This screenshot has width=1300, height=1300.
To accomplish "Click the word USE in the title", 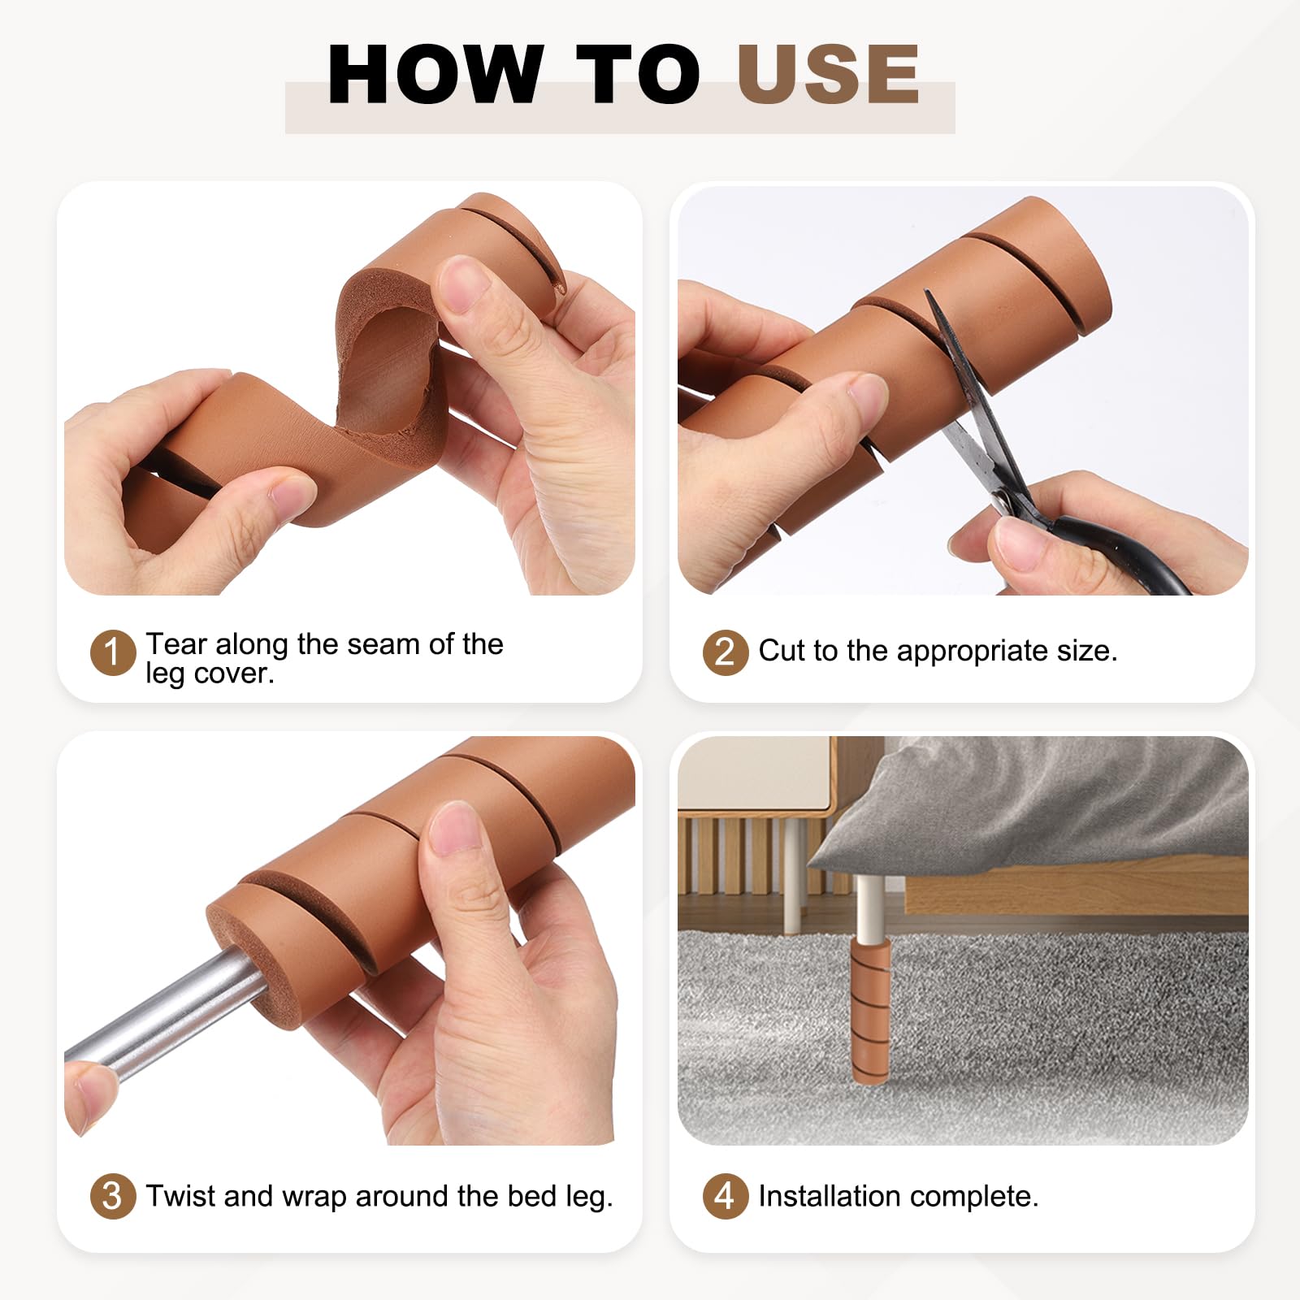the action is click(x=829, y=74).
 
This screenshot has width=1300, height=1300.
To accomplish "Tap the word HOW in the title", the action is click(x=435, y=74).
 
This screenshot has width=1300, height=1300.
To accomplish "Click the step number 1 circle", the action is click(x=113, y=652).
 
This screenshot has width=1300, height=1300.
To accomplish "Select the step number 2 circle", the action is click(x=725, y=652).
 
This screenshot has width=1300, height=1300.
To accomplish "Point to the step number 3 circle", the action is click(x=113, y=1196).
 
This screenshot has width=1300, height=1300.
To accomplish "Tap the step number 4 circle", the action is click(x=725, y=1196).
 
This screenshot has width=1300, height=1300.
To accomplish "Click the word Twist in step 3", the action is click(x=180, y=1196).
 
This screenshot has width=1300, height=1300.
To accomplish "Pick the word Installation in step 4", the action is click(x=829, y=1196).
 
